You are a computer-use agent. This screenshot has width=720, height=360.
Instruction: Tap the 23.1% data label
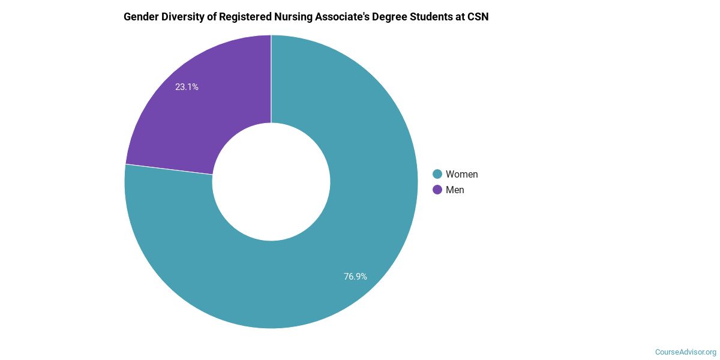(x=187, y=87)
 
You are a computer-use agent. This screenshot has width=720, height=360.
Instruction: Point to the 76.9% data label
(x=355, y=277)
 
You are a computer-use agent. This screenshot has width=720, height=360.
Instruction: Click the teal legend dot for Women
(x=437, y=174)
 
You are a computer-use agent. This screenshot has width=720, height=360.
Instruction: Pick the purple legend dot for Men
(x=437, y=190)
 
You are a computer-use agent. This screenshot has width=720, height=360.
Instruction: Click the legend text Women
(x=461, y=174)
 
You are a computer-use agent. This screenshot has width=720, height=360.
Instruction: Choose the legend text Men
(x=455, y=190)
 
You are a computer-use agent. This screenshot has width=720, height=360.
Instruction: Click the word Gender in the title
(x=141, y=17)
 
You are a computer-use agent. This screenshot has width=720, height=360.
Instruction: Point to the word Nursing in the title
(x=299, y=17)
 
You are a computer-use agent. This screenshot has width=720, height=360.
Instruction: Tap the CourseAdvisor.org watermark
(x=685, y=352)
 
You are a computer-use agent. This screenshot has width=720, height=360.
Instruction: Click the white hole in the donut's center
(x=271, y=182)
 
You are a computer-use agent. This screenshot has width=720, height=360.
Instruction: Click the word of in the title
(x=216, y=17)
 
